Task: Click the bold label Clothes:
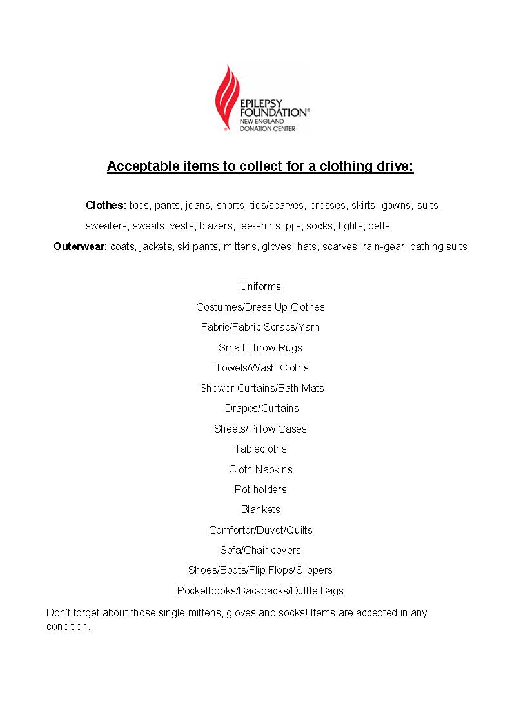(x=106, y=206)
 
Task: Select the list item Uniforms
(x=260, y=286)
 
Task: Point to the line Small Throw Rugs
(x=260, y=347)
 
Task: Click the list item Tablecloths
(x=260, y=449)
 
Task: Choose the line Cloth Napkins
(x=260, y=469)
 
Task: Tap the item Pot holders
(x=260, y=489)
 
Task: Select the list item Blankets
(x=260, y=509)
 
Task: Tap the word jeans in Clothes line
(x=197, y=206)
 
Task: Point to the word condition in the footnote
(x=67, y=627)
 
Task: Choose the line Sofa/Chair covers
(x=260, y=550)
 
